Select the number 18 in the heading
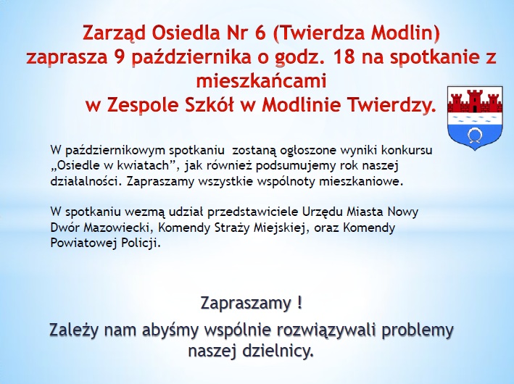click(x=344, y=57)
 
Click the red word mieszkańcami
click(x=261, y=81)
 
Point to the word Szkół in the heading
click(x=210, y=105)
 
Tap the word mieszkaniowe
click(x=360, y=181)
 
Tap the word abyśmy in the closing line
click(x=170, y=330)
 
